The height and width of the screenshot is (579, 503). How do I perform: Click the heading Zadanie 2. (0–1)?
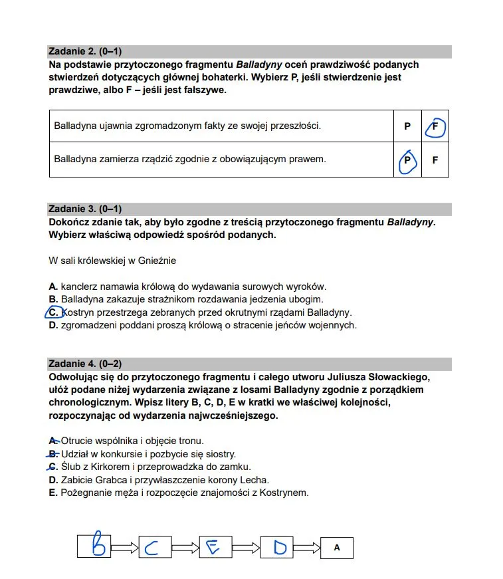pyautogui.click(x=85, y=51)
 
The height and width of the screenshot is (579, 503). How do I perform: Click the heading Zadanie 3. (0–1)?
pyautogui.click(x=85, y=209)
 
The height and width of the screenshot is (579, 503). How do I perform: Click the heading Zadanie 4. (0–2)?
pyautogui.click(x=85, y=364)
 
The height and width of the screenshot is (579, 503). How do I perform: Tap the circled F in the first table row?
pyautogui.click(x=435, y=126)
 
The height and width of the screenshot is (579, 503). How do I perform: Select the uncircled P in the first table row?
pyautogui.click(x=407, y=126)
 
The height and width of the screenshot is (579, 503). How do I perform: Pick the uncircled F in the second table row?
pyautogui.click(x=435, y=160)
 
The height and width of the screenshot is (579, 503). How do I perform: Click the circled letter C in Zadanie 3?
pyautogui.click(x=53, y=312)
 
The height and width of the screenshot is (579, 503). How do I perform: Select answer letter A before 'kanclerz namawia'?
pyautogui.click(x=53, y=287)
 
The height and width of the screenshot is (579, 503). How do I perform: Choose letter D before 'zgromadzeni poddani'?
pyautogui.click(x=53, y=325)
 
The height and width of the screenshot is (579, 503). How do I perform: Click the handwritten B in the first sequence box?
pyautogui.click(x=99, y=546)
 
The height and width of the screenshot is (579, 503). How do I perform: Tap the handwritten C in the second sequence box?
pyautogui.click(x=152, y=548)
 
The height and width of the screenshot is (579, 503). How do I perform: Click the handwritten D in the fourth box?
pyautogui.click(x=279, y=547)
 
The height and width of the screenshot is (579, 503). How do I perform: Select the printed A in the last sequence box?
pyautogui.click(x=337, y=548)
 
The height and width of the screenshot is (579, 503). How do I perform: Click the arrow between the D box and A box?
pyautogui.click(x=307, y=548)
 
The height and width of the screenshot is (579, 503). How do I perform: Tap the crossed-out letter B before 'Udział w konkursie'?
pyautogui.click(x=53, y=454)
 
